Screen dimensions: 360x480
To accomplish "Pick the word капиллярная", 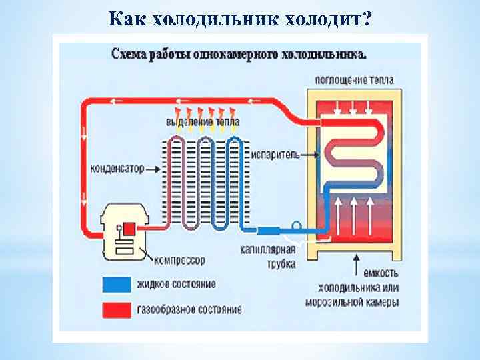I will click(268, 250).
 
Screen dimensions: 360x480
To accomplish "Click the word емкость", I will click(381, 273).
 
